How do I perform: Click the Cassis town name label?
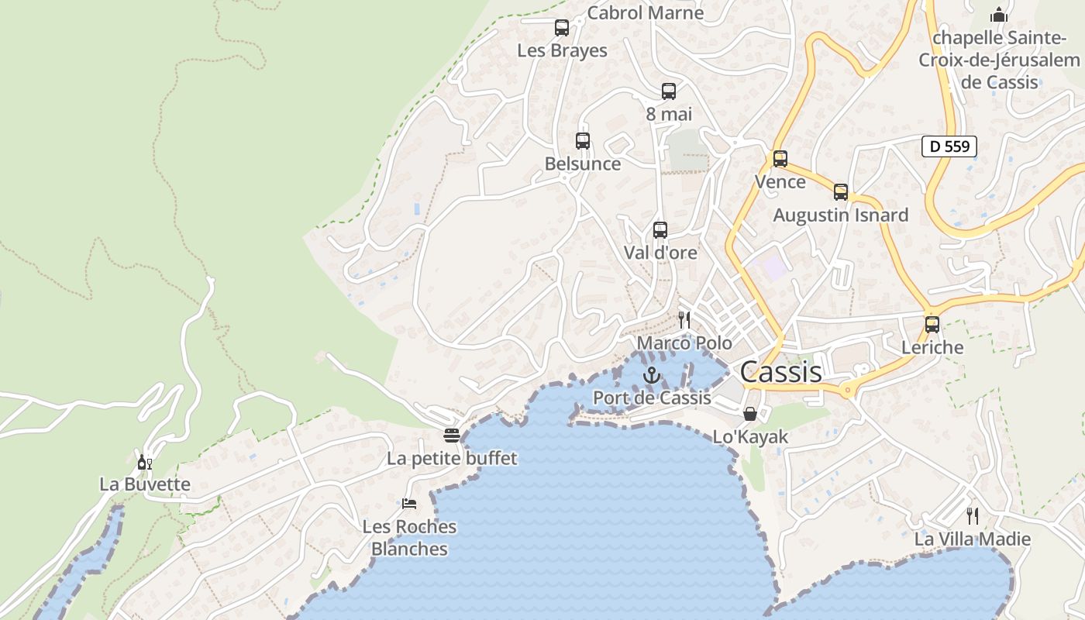pyautogui.click(x=780, y=372)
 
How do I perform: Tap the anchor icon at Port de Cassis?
pyautogui.click(x=652, y=376)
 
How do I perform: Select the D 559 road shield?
pyautogui.click(x=949, y=146)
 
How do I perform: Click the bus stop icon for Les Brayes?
pyautogui.click(x=562, y=28)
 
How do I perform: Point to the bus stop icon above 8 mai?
pyautogui.click(x=669, y=91)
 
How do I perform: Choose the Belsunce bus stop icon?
pyautogui.click(x=583, y=141)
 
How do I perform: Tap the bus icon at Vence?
pyautogui.click(x=780, y=159)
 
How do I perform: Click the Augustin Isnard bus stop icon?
pyautogui.click(x=841, y=192)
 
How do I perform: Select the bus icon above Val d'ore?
pyautogui.click(x=660, y=230)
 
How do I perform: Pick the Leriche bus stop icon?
pyautogui.click(x=932, y=325)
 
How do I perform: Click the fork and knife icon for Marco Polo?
pyautogui.click(x=684, y=319)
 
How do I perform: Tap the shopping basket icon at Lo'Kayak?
pyautogui.click(x=749, y=414)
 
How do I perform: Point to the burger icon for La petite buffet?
pyautogui.click(x=452, y=436)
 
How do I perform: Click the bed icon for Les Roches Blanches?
pyautogui.click(x=409, y=504)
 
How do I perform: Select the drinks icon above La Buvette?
pyautogui.click(x=144, y=463)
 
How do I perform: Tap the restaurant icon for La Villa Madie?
pyautogui.click(x=973, y=515)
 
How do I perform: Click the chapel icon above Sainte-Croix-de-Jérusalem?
pyautogui.click(x=999, y=15)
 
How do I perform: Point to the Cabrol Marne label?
pyautogui.click(x=646, y=12)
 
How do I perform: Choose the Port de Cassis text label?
pyautogui.click(x=652, y=398)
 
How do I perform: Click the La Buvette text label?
pyautogui.click(x=145, y=484)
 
